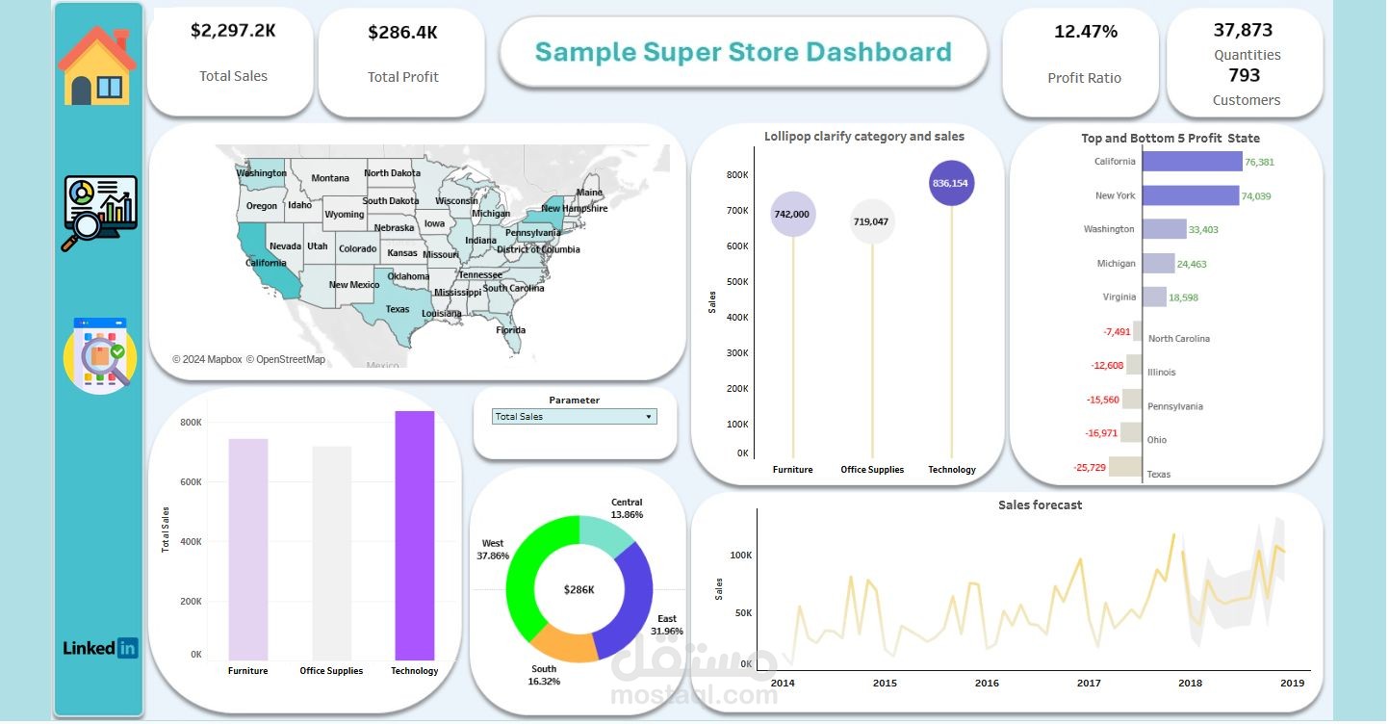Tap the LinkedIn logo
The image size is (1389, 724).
coord(100,648)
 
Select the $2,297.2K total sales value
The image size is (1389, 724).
coord(233,31)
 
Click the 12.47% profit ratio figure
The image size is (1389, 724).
coord(1086,32)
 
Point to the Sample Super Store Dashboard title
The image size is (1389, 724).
coord(743,52)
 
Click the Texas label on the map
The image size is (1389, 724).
coord(398,310)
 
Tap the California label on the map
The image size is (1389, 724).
coord(266,263)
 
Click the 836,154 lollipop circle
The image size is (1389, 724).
coord(952,184)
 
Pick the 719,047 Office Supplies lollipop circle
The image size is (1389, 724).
coord(872,222)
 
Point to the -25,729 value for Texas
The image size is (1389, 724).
coord(1090,468)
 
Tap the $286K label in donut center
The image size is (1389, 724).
coord(579,590)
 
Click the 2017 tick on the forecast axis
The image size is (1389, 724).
coord(1089,684)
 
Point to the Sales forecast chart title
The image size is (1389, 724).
coord(1040,505)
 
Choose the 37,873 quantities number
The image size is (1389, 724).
coord(1243,30)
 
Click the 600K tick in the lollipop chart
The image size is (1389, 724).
coord(736,246)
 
